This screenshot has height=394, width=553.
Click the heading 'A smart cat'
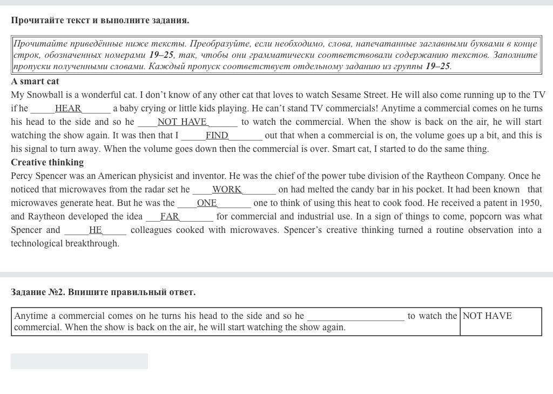point(35,82)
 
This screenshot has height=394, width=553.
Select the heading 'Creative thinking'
point(47,163)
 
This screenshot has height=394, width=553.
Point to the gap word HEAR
point(68,109)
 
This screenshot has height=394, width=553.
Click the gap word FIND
point(217,136)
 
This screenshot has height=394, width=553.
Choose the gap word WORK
point(227,190)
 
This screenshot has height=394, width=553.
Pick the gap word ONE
point(207,203)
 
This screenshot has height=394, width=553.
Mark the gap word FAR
point(170,217)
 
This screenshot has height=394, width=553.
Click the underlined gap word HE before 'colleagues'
point(96,230)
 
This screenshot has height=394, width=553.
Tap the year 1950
point(530,203)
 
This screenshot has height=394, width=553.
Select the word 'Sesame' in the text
point(347,95)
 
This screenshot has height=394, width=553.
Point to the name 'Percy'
point(22,176)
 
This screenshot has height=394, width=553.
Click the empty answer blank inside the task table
point(355,316)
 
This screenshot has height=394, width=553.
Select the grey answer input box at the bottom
point(79,362)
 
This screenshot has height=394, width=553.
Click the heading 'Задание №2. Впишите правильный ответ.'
point(103,292)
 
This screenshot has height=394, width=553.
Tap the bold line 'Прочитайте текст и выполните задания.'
point(100,21)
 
